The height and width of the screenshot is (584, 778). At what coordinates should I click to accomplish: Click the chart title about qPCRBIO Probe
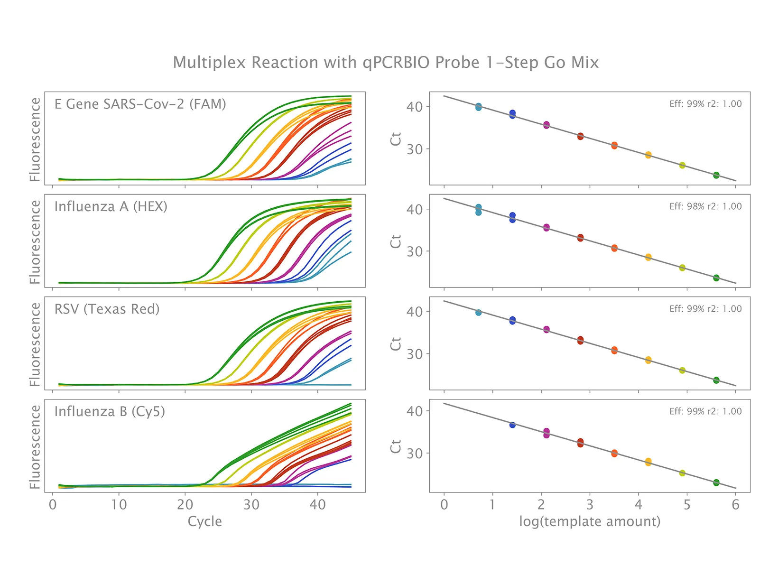(x=386, y=63)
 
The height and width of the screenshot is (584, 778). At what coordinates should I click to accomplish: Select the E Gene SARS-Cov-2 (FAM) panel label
(x=140, y=104)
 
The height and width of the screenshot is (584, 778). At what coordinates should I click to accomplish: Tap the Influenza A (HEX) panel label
(x=111, y=206)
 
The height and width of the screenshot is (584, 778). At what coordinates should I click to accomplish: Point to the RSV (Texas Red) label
(x=107, y=309)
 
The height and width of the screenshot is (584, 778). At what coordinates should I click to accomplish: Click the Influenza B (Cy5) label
(x=110, y=411)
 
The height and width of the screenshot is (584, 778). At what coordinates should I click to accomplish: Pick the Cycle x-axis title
(x=204, y=521)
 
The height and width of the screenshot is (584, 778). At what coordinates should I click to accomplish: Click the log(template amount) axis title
(x=590, y=521)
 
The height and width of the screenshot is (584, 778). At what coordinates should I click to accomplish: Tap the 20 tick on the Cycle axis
(x=185, y=504)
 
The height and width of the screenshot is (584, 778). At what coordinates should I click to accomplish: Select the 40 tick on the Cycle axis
(x=317, y=504)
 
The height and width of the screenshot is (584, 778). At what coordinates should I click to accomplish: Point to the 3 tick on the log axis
(x=590, y=504)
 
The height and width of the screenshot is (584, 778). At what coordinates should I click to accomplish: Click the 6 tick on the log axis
(x=735, y=504)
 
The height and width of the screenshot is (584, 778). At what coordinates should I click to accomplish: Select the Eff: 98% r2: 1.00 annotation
(x=705, y=206)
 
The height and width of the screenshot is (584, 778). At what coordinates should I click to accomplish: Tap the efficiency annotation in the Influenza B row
(x=705, y=411)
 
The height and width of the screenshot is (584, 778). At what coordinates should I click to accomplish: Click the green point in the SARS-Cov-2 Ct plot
(x=716, y=176)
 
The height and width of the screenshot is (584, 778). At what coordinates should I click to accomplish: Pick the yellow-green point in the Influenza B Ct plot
(x=682, y=473)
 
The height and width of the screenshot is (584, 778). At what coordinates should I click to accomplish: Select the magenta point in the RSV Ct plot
(x=546, y=329)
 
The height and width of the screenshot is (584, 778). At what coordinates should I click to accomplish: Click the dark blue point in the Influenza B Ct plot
(x=512, y=425)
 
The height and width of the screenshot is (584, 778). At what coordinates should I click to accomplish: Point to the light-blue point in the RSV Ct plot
(x=478, y=313)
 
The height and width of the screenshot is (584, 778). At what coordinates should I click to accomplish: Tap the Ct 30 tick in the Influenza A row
(x=415, y=251)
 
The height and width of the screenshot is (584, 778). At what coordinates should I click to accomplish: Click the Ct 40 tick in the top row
(x=415, y=107)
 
